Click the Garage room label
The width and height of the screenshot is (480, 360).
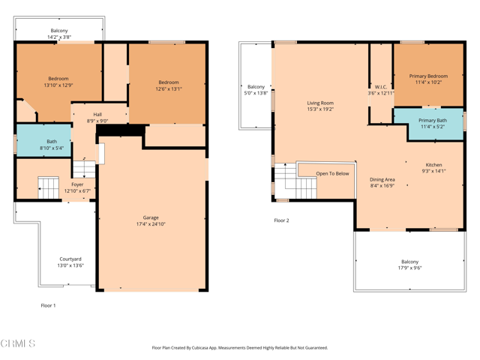tap(151, 220)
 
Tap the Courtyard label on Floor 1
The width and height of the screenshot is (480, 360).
tap(70, 262)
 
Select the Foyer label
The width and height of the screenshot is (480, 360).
tap(77, 187)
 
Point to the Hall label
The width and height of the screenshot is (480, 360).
tap(97, 117)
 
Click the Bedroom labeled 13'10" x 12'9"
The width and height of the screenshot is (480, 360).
tap(58, 82)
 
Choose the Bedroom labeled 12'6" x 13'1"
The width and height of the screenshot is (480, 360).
tap(168, 85)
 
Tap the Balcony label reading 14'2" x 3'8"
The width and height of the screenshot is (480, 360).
tap(58, 34)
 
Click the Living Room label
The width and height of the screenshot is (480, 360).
tap(320, 106)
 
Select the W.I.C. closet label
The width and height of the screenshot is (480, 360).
tap(380, 90)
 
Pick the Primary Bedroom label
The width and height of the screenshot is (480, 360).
tap(428, 79)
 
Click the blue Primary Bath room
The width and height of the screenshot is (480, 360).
tap(432, 124)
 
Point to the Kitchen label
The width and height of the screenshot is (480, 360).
tap(433, 167)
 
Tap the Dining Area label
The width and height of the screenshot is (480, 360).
tap(382, 182)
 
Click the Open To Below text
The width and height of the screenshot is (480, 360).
tap(332, 173)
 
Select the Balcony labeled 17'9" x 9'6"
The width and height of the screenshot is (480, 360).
tap(409, 264)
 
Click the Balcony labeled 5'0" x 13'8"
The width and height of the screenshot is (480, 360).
tap(256, 90)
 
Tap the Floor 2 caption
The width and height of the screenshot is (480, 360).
tap(281, 220)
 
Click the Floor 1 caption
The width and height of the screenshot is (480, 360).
tap(48, 305)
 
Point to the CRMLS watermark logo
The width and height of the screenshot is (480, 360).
tap(18, 343)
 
